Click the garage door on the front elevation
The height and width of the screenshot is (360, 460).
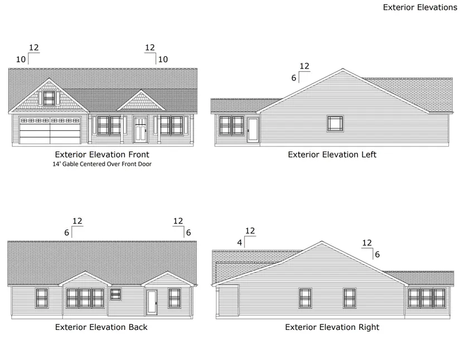50,130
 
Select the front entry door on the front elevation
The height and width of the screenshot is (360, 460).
141,129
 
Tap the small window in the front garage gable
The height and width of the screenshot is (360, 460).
49,98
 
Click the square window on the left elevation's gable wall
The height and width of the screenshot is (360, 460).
335,123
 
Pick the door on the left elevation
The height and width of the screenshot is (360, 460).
253,130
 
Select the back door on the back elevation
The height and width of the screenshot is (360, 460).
152,302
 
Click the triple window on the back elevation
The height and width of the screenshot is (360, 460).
85,298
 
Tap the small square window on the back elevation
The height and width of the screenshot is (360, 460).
115,294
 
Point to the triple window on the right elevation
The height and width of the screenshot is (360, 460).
427,298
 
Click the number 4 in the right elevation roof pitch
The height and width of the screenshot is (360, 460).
240,243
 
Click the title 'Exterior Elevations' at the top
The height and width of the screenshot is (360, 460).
420,7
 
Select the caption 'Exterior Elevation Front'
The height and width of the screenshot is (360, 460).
102,154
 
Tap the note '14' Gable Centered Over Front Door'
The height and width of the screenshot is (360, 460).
102,164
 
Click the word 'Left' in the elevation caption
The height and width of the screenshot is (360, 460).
369,154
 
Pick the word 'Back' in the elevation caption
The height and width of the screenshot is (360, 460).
137,327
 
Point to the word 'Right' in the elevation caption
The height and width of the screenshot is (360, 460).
368,327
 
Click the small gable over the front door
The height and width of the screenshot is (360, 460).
141,100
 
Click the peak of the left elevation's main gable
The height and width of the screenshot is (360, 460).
343,69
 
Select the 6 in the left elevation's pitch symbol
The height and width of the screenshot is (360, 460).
294,78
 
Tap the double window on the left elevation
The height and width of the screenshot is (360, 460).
231,126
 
